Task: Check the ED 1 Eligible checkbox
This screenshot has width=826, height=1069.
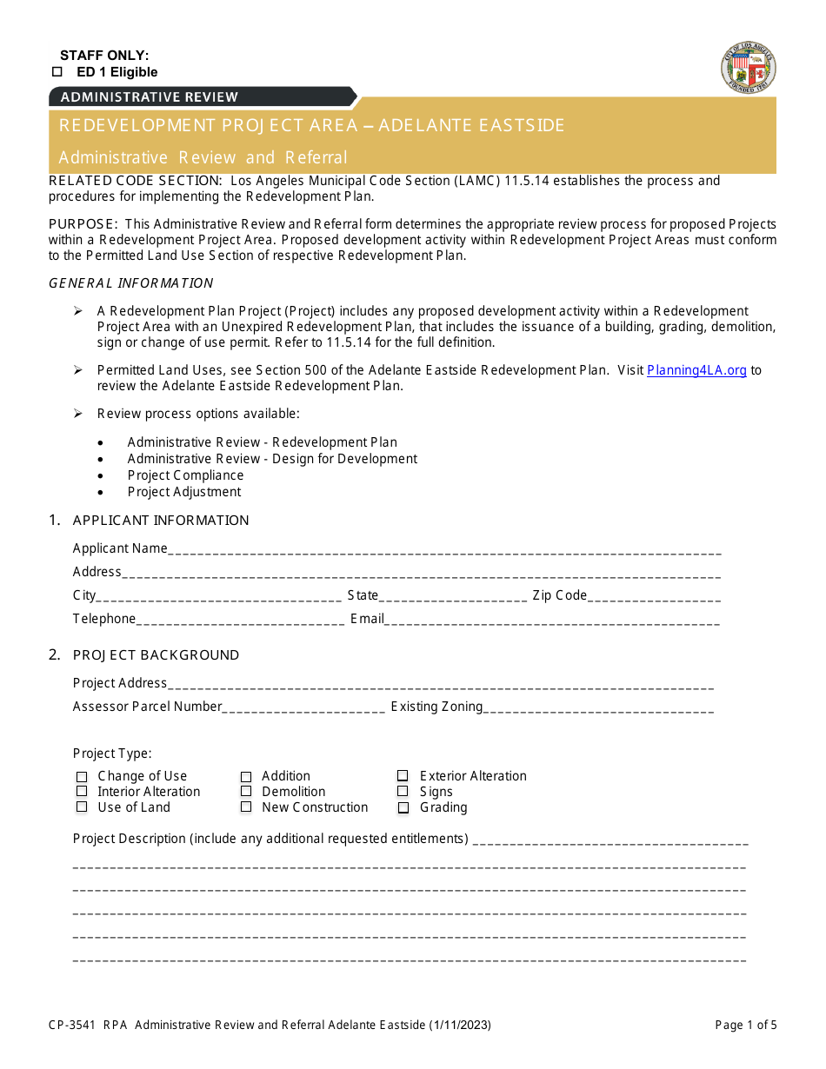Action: [57, 72]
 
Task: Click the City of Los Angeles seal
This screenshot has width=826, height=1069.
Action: [749, 68]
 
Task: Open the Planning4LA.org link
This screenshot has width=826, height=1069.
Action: [696, 370]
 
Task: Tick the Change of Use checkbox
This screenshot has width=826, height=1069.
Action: [82, 777]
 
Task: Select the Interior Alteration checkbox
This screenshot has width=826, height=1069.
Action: [82, 792]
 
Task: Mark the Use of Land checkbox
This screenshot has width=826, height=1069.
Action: [82, 807]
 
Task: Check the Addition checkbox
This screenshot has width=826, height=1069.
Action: [246, 777]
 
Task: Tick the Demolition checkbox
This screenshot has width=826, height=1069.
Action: [246, 792]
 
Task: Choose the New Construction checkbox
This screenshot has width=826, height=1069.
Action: [246, 807]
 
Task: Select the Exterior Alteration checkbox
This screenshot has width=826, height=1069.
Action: [403, 776]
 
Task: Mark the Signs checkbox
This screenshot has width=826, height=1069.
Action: [403, 792]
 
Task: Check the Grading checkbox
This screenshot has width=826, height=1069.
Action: [403, 808]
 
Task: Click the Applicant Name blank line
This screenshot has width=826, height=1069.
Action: [443, 549]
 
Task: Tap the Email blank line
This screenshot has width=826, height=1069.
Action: [552, 620]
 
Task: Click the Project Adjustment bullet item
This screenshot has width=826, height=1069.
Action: [183, 492]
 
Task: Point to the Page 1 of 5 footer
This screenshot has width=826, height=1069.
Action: [745, 1026]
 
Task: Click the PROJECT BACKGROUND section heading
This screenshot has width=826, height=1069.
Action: [156, 655]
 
